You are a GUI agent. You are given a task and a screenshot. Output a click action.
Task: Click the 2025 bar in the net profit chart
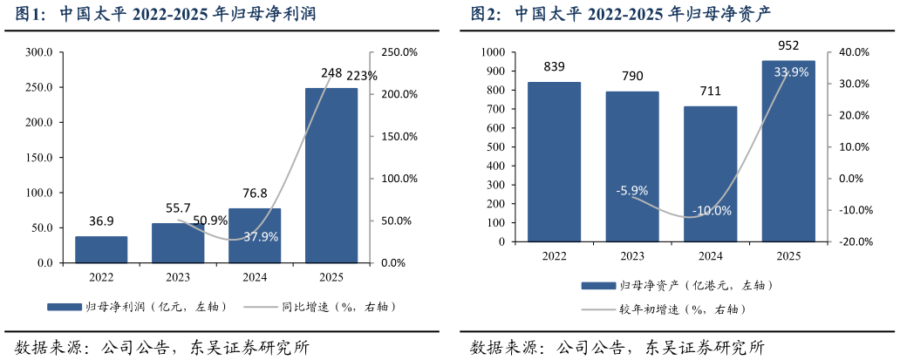tap(331, 174)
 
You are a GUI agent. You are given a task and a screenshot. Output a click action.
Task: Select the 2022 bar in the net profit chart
tap(101, 249)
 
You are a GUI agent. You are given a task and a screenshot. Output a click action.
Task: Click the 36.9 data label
tap(101, 221)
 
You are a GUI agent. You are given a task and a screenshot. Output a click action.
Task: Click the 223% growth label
tap(362, 76)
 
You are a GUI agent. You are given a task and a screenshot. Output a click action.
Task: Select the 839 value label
tap(554, 67)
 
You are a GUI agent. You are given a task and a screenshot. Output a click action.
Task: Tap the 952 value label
tap(788, 46)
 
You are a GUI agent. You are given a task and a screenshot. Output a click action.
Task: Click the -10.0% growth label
tap(712, 211)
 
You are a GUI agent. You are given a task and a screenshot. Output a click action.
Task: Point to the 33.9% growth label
tap(791, 72)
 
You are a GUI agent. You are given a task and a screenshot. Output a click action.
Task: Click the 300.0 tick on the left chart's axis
tap(39, 52)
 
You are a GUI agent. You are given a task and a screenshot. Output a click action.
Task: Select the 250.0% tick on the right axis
tap(399, 52)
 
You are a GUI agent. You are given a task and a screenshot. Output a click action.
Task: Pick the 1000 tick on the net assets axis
tap(494, 52)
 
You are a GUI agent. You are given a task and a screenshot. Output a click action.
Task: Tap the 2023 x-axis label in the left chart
tap(178, 277)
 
